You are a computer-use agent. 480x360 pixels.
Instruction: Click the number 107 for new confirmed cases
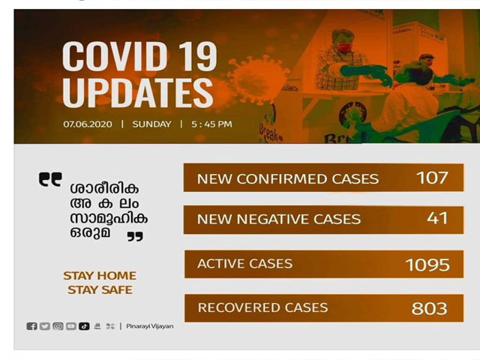pyautogui.click(x=432, y=178)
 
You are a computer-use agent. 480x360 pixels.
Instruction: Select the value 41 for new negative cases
pyautogui.click(x=437, y=218)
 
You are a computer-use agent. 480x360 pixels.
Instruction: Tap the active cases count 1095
pyautogui.click(x=427, y=265)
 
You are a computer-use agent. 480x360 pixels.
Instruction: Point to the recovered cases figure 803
pyautogui.click(x=429, y=308)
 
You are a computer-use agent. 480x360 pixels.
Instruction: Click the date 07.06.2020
pyautogui.click(x=88, y=124)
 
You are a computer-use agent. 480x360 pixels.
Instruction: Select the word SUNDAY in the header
pyautogui.click(x=151, y=124)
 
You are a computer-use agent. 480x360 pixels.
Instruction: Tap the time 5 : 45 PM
pyautogui.click(x=211, y=124)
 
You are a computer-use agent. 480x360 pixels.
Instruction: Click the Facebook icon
pyautogui.click(x=31, y=326)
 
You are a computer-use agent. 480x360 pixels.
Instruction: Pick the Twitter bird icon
pyautogui.click(x=45, y=326)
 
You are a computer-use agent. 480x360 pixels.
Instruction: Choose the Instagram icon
pyautogui.click(x=58, y=326)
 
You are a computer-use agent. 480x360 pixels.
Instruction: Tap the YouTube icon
pyautogui.click(x=71, y=326)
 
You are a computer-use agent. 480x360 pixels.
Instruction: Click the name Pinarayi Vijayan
pyautogui.click(x=150, y=326)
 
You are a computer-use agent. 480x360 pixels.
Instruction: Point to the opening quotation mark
pyautogui.click(x=50, y=179)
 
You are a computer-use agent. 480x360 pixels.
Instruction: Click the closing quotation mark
pyautogui.click(x=135, y=236)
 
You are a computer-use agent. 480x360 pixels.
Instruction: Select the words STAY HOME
pyautogui.click(x=100, y=275)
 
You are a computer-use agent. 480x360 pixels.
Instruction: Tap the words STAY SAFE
pyautogui.click(x=100, y=289)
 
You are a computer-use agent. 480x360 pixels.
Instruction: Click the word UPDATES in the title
pyautogui.click(x=137, y=92)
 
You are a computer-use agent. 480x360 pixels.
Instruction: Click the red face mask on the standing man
pyautogui.click(x=344, y=46)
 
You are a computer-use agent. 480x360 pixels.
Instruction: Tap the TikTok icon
pyautogui.click(x=84, y=326)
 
